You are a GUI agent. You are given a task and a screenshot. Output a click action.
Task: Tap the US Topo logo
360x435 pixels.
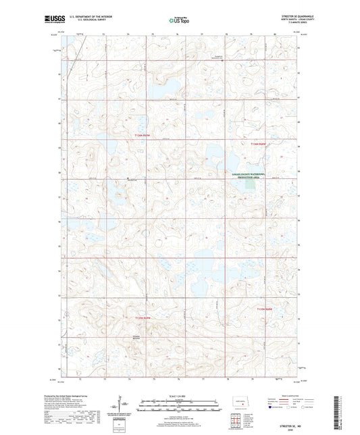pyautogui.click(x=178, y=21)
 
